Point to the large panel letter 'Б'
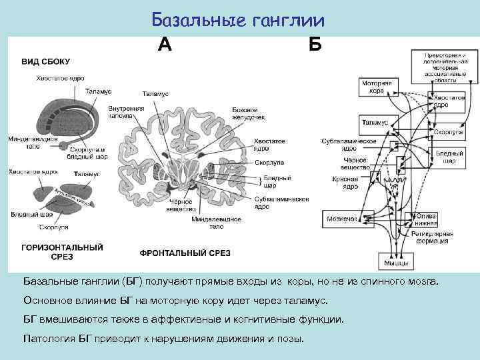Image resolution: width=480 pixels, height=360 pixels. pos(315,44)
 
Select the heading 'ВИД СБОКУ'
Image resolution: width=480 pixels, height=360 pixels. pos(47,61)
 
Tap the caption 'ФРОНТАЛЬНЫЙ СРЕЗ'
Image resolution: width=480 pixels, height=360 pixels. pos(185,253)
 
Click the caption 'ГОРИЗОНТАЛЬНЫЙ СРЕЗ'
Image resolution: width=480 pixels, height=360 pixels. pos(63,251)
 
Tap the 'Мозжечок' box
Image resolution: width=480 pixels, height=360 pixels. pos(342,218)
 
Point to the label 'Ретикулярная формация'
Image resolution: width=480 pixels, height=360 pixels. pos(436,239)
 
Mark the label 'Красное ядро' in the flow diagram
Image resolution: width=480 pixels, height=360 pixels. pos(345,183)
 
